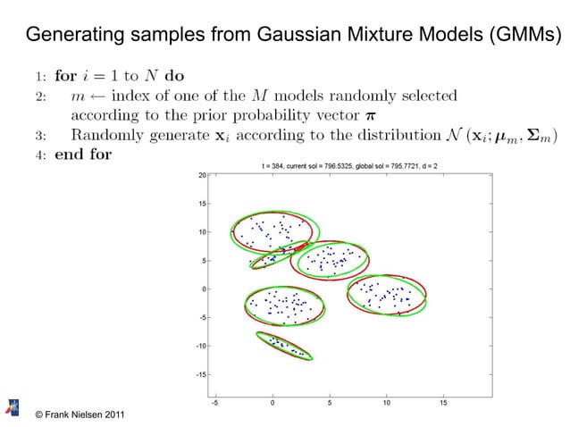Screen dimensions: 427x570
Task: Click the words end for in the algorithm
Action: coord(83,153)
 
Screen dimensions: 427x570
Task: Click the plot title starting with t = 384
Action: coord(348,166)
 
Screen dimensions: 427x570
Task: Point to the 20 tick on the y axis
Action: coord(203,175)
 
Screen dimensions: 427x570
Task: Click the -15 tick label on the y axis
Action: coord(201,374)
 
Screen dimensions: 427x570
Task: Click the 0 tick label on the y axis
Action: coord(204,289)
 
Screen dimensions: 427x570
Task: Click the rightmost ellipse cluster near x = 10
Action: coord(388,294)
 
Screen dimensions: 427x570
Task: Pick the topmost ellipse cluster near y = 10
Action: coord(272,230)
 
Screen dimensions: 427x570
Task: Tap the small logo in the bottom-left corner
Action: coord(14,406)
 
